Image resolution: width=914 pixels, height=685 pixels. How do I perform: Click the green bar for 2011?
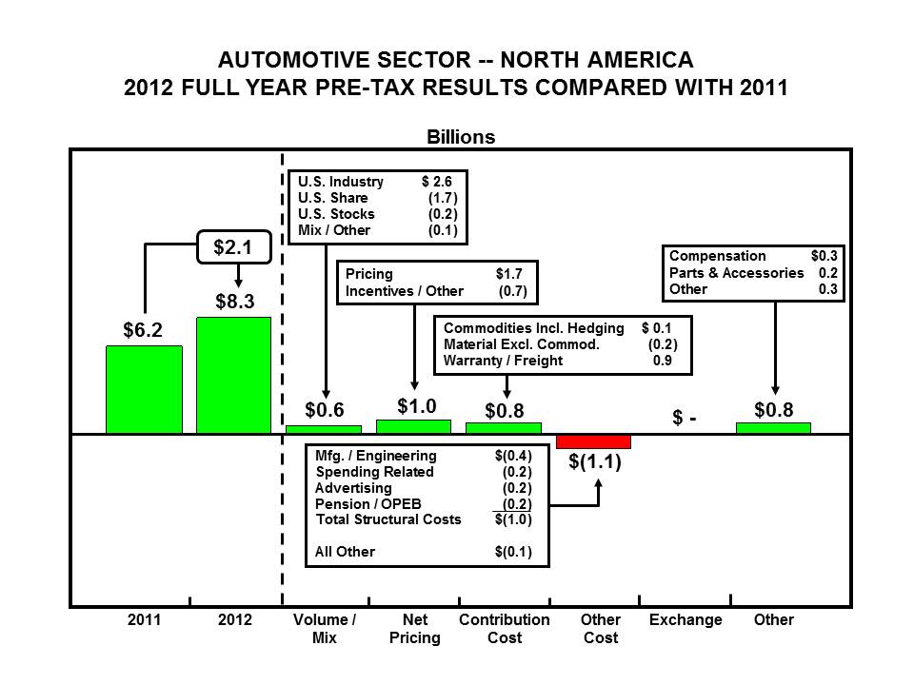coord(144,389)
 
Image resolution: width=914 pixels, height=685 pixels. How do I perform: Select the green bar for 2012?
coord(233,375)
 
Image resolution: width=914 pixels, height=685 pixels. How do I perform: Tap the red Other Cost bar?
coord(593,441)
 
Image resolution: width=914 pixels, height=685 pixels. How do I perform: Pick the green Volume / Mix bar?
coord(324,429)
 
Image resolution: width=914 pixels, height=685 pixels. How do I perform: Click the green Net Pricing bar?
coord(413,426)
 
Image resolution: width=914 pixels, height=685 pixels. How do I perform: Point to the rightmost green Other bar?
coord(773,428)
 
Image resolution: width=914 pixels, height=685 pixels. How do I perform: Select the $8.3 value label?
coord(234,302)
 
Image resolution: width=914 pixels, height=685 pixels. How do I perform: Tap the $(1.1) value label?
coord(594,463)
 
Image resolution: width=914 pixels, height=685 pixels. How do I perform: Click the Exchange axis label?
coord(685,620)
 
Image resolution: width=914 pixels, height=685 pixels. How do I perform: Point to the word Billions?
coord(460,137)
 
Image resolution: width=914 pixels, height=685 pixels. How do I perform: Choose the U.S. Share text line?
coord(333,198)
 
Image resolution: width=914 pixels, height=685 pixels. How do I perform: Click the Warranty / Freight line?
coord(503,361)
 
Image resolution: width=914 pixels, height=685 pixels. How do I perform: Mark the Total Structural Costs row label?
coord(387,519)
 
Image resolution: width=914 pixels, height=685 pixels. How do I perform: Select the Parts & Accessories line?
coord(736,273)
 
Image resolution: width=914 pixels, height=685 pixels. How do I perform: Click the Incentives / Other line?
coord(404,291)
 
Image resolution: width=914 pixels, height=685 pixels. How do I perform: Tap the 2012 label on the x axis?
coord(235,620)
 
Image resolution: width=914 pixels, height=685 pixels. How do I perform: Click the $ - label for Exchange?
coord(685,419)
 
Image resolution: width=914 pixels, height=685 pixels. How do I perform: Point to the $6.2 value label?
coord(143,330)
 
